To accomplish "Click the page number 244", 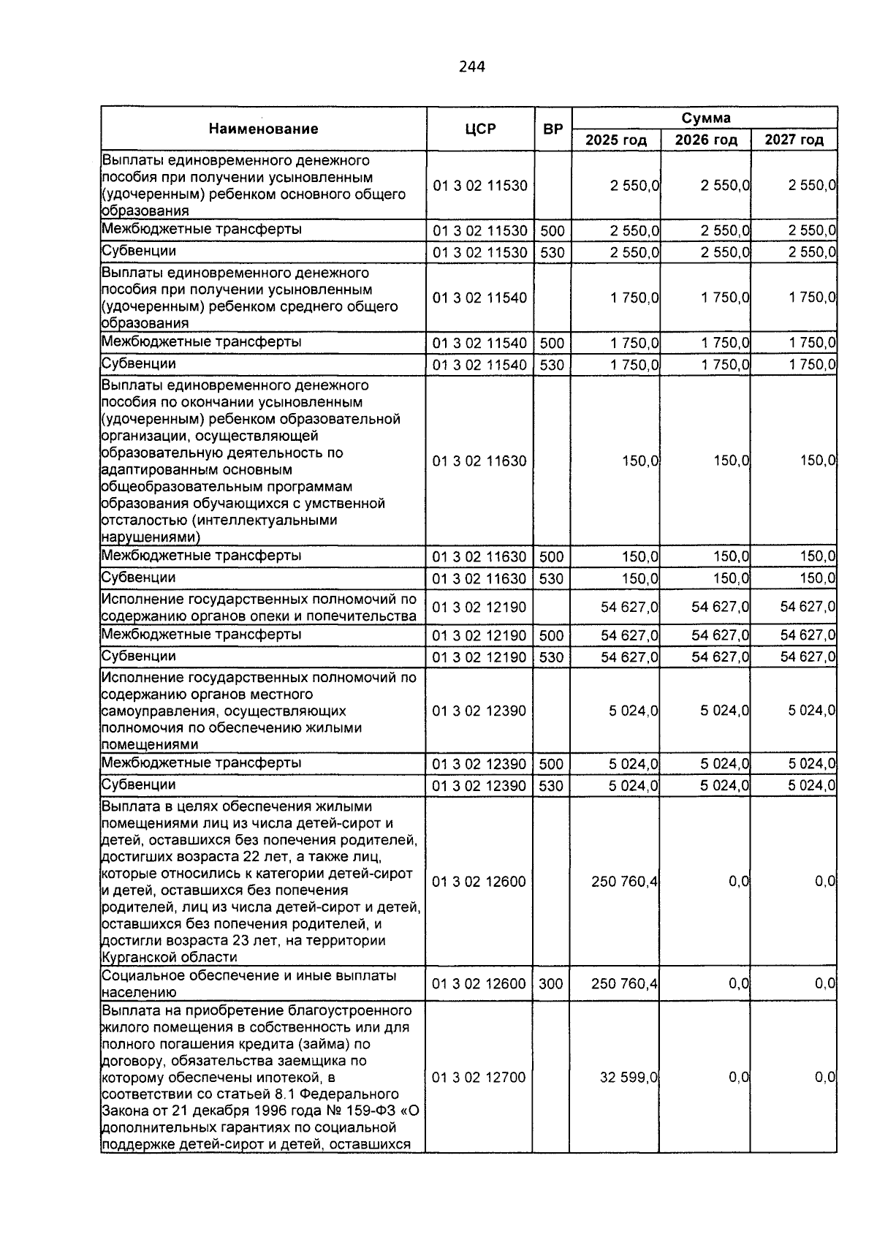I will click(471, 67).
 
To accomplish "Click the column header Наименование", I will click(263, 129).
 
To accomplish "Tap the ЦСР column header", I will click(479, 129).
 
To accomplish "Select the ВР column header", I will click(553, 129).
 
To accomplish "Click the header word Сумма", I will click(705, 118).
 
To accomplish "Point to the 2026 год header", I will click(705, 140).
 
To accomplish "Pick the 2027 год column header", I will click(794, 140).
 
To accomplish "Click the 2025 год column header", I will click(616, 140).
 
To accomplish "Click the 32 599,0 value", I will click(629, 1078).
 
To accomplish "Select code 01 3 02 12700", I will click(479, 1078).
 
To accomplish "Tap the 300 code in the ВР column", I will click(551, 984).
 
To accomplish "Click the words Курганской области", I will click(169, 957).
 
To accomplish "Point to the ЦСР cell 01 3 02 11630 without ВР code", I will click(479, 461).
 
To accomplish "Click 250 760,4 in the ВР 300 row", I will click(624, 984).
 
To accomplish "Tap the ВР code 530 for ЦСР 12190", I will click(551, 657).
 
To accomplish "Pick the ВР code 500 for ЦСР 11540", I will click(551, 343).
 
